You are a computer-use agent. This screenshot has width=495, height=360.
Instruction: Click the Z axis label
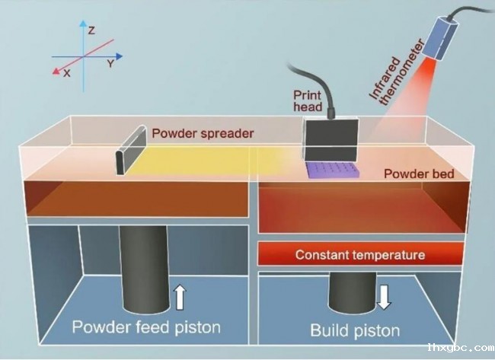[x=91, y=30]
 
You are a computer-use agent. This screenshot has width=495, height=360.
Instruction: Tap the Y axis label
[x=110, y=64]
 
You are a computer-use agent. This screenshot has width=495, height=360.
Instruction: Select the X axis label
[x=66, y=74]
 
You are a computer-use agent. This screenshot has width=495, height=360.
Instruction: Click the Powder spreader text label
[x=203, y=133]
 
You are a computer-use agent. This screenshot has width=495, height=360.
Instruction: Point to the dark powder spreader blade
[x=131, y=150]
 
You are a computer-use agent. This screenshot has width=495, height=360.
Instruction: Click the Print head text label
[x=308, y=101]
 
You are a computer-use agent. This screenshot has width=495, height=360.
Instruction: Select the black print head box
[x=331, y=139]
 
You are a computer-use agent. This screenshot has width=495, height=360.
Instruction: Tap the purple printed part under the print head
[x=333, y=170]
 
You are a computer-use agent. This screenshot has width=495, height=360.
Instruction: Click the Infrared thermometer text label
[x=397, y=73]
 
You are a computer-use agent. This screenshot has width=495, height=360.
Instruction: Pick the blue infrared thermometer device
[x=439, y=39]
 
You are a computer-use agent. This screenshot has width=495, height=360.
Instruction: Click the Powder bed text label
[x=419, y=174]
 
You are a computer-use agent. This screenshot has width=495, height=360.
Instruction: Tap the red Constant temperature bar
[x=361, y=254]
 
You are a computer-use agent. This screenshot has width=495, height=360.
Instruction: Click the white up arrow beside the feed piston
[x=180, y=298]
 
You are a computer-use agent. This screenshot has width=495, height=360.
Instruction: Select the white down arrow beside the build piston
[x=384, y=298]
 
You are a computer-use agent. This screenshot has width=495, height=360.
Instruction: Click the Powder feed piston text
[x=146, y=327]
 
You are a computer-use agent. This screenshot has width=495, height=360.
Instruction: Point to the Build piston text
[x=355, y=330]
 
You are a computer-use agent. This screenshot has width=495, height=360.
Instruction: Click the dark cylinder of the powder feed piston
[x=144, y=269]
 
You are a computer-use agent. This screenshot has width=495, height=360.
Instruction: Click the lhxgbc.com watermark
[x=461, y=348]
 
